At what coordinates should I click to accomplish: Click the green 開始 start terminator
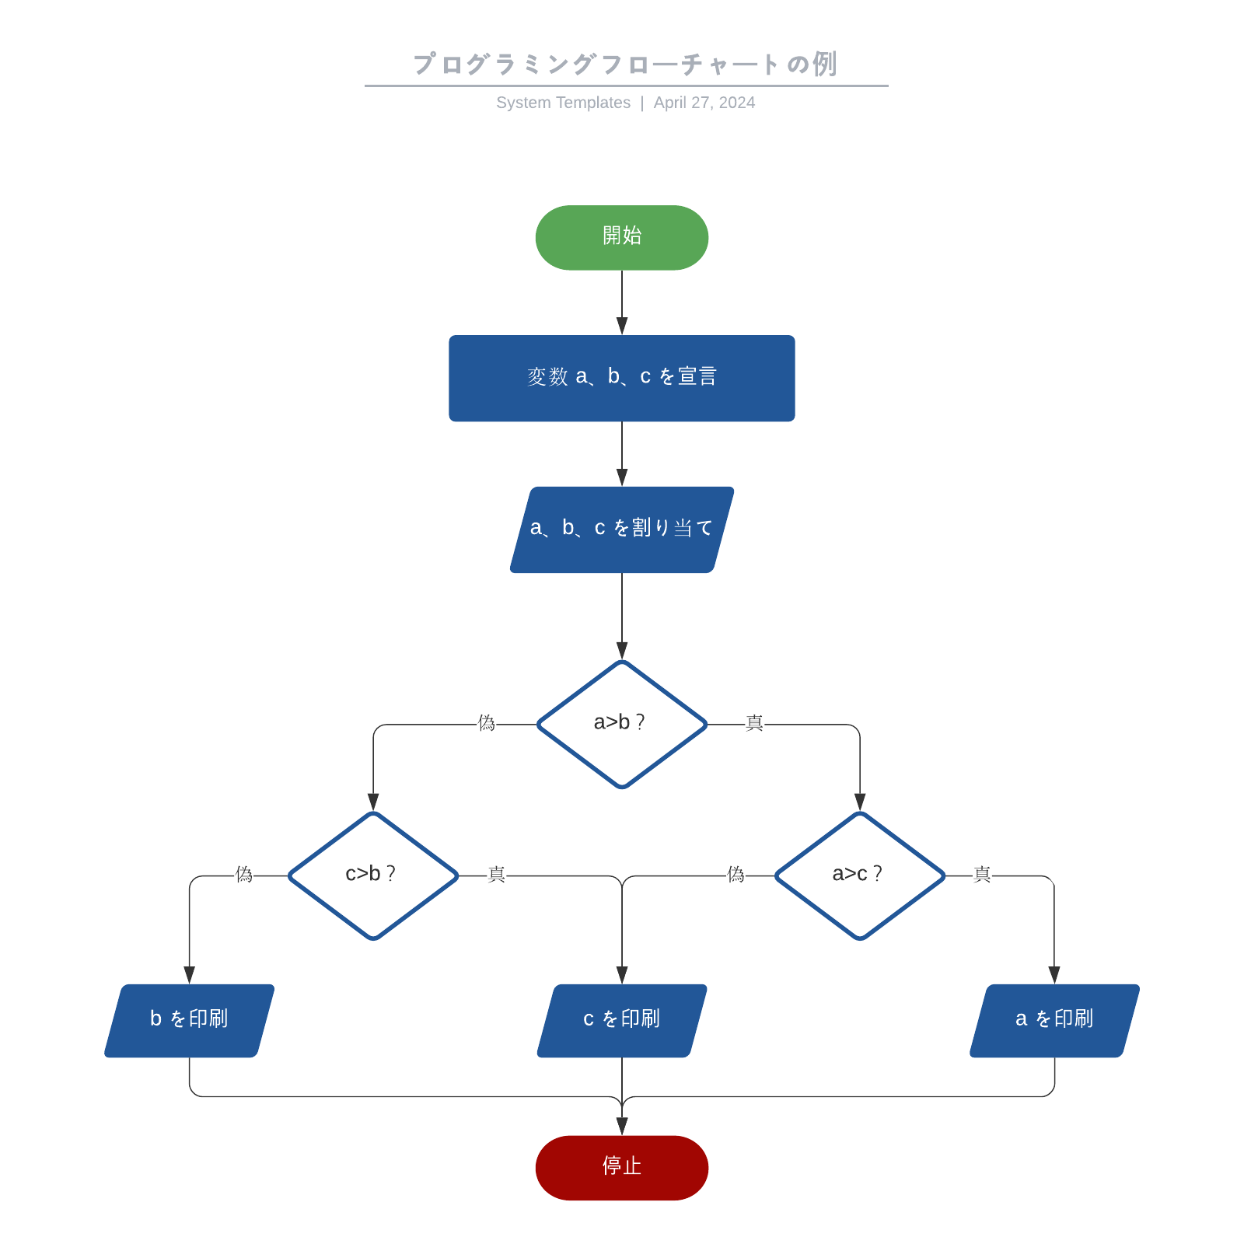click(x=621, y=237)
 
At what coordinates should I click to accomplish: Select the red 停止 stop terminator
click(x=621, y=1167)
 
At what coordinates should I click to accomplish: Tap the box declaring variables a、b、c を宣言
click(x=621, y=378)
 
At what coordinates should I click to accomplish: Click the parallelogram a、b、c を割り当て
click(x=621, y=529)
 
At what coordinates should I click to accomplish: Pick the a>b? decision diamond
click(x=621, y=724)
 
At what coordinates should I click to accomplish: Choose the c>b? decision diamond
click(x=373, y=875)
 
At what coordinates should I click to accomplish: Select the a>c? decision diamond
click(x=859, y=875)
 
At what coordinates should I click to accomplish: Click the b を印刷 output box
click(x=189, y=1020)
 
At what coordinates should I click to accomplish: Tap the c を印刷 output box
click(x=621, y=1020)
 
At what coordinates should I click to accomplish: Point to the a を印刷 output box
click(x=1054, y=1020)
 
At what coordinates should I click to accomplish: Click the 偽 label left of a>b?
click(x=487, y=723)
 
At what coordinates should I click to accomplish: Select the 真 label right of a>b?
click(x=754, y=723)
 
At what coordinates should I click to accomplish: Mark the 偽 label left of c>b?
click(x=244, y=875)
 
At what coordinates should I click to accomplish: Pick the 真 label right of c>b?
click(x=496, y=875)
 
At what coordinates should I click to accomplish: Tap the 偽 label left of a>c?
click(x=736, y=875)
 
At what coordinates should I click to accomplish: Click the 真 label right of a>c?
click(x=982, y=875)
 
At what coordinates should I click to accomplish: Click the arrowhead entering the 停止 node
click(x=621, y=1126)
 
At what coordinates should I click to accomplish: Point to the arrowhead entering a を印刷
click(x=1054, y=974)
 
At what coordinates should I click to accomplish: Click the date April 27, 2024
click(x=704, y=103)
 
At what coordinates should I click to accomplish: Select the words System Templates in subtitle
click(x=563, y=103)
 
